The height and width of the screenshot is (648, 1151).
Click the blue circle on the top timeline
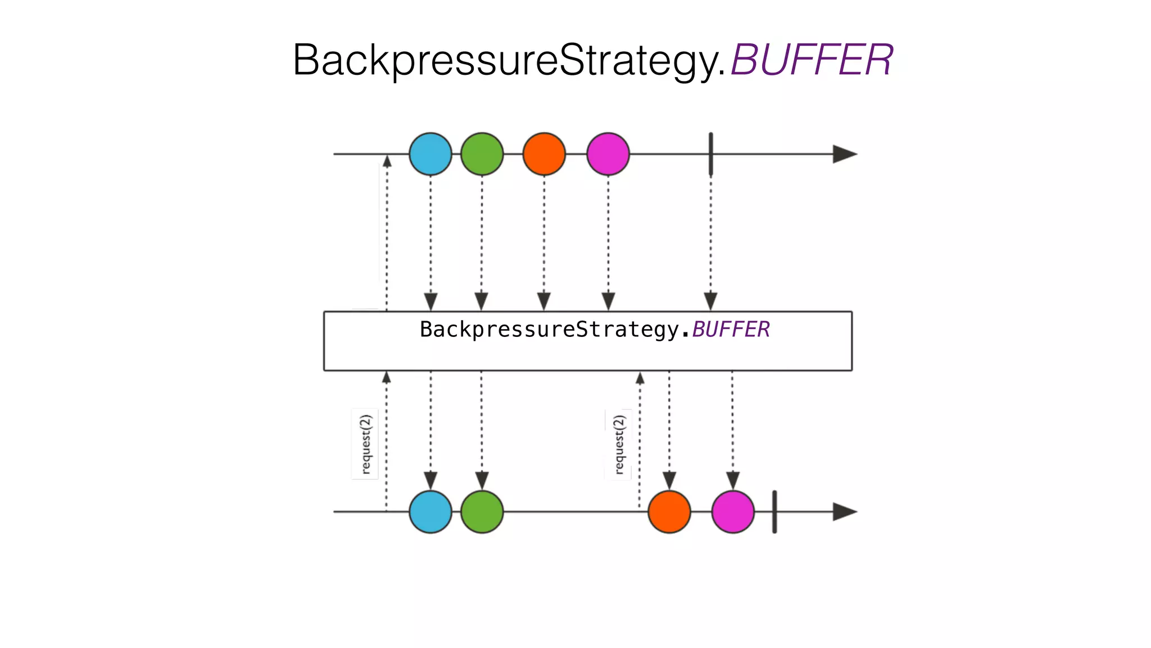coord(430,154)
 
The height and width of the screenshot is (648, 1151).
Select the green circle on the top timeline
coord(482,154)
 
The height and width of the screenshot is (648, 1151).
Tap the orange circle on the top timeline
coord(543,154)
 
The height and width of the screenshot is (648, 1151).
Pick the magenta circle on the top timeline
coord(608,154)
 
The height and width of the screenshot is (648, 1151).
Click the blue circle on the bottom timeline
coord(430,512)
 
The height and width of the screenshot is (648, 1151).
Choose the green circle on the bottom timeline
coord(482,512)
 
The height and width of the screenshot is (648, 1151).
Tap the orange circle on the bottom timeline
coord(669,512)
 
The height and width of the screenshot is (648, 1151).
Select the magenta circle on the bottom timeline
coord(732,512)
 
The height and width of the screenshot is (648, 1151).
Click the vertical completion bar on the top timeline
coord(710,154)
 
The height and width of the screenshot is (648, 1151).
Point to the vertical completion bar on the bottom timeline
coord(774,512)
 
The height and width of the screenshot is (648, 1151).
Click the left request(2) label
coord(365,444)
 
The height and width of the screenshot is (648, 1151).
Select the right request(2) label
coord(619,444)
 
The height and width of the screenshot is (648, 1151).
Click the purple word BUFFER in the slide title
coord(811,60)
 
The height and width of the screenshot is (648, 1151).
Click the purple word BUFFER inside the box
coord(731,330)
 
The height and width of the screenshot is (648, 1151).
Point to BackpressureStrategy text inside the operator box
coord(550,330)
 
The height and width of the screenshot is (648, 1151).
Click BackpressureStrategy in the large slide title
coord(509,60)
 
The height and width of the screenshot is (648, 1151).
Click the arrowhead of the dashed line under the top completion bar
coord(710,301)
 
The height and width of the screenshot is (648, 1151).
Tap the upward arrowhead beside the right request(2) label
coord(640,379)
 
